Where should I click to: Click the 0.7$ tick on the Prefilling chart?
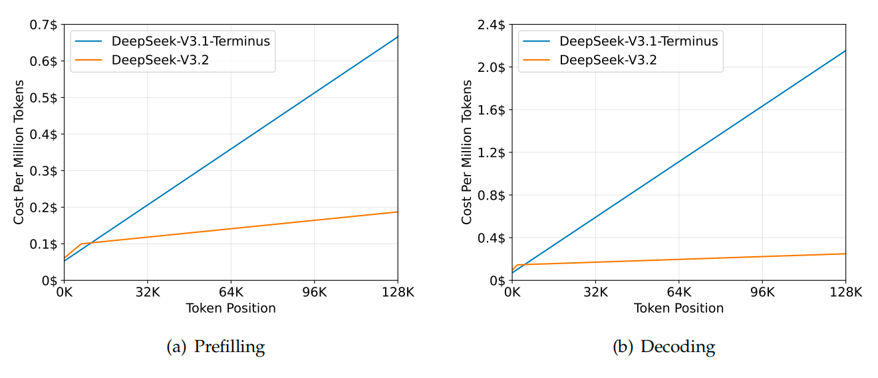pyautogui.click(x=43, y=25)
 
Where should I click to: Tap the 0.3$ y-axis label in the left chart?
pyautogui.click(x=43, y=170)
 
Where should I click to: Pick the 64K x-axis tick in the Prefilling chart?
pyautogui.click(x=230, y=292)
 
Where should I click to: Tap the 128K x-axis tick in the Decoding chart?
pyautogui.click(x=845, y=292)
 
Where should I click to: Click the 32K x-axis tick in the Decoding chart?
pyautogui.click(x=595, y=292)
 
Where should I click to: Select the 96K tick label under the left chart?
pyautogui.click(x=314, y=292)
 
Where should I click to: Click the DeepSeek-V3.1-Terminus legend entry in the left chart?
pyautogui.click(x=191, y=41)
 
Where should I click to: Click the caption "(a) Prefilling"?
pyautogui.click(x=216, y=347)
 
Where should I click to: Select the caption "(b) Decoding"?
pyautogui.click(x=663, y=347)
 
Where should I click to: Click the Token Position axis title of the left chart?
pyautogui.click(x=230, y=308)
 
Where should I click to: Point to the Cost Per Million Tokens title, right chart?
pyautogui.click(x=467, y=152)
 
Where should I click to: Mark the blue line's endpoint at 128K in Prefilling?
pyautogui.click(x=397, y=37)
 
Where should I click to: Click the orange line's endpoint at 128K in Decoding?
pyautogui.click(x=845, y=254)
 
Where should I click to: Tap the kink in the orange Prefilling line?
pyautogui.click(x=80, y=244)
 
